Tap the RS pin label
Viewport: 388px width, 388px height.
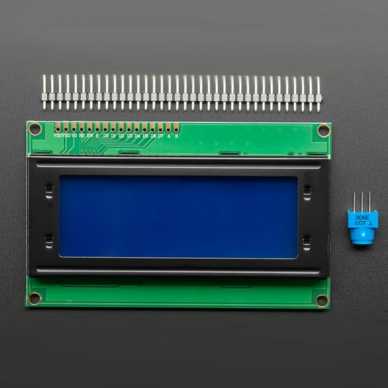pyautogui.click(x=82, y=135)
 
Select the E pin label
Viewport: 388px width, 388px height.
pyautogui.click(x=98, y=135)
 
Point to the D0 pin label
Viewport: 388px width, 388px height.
pyautogui.click(x=106, y=135)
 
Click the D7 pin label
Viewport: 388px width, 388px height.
pyautogui.click(x=160, y=135)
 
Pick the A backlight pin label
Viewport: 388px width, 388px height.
pyautogui.click(x=168, y=135)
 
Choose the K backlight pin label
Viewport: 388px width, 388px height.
pyautogui.click(x=176, y=135)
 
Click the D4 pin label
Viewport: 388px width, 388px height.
pyautogui.click(x=137, y=135)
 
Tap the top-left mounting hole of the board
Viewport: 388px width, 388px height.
pyautogui.click(x=35, y=129)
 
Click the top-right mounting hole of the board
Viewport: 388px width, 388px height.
pyautogui.click(x=323, y=130)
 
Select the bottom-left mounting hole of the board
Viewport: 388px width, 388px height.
pyautogui.click(x=35, y=298)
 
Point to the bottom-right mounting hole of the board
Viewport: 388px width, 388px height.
pyautogui.click(x=322, y=300)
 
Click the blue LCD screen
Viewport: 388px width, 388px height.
pyautogui.click(x=179, y=216)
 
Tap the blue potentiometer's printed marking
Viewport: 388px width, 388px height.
pyautogui.click(x=363, y=220)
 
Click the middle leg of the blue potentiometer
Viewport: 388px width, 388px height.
pyautogui.click(x=362, y=201)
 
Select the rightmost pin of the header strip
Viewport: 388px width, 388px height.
pyautogui.click(x=319, y=93)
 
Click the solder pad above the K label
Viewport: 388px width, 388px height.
pyautogui.click(x=176, y=127)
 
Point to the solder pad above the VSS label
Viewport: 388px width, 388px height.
pyautogui.click(x=57, y=127)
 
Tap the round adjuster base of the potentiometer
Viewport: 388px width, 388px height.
pyautogui.click(x=363, y=236)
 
